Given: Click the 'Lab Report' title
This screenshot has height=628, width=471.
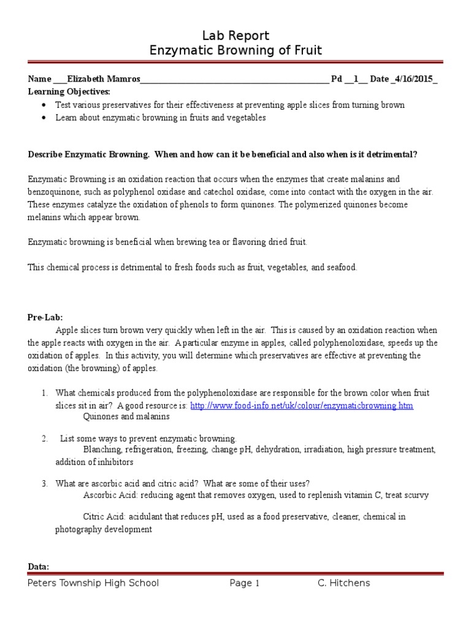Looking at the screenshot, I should coord(235,36).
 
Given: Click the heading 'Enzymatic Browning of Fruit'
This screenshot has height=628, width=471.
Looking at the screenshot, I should coord(235,50).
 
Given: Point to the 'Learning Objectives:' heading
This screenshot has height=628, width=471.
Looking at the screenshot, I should coord(69,91).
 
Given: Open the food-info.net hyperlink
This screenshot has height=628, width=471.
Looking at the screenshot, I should coord(302,405).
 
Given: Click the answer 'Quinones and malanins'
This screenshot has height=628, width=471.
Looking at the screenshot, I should coord(126,416).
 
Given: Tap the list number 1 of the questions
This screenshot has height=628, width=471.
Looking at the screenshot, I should coord(44,392).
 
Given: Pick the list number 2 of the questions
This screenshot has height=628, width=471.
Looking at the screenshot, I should coord(44,438).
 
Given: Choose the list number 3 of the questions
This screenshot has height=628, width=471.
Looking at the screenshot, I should coord(44,483).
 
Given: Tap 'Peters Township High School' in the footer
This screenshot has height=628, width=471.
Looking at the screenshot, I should coord(93,583).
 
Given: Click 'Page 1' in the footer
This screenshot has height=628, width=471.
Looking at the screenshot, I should coord(245,583).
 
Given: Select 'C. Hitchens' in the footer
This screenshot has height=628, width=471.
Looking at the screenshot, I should coord(343,583).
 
